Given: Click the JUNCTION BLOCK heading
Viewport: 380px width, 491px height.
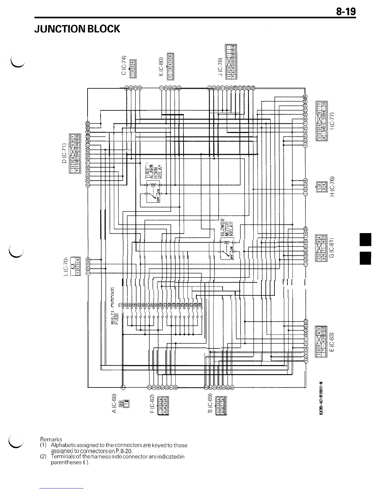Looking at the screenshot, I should coord(77,29).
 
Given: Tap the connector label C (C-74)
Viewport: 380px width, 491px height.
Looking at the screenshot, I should coord(124,65).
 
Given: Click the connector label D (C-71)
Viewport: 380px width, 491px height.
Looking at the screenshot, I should coord(64,153).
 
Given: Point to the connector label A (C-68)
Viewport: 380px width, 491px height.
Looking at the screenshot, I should coord(114,404).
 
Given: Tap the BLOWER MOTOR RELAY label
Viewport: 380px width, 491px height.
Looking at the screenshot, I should coord(227,228).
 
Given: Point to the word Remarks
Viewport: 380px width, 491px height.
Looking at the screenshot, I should coord(51,439).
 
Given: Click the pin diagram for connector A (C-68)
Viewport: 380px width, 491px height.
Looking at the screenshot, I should coord(126,403).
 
